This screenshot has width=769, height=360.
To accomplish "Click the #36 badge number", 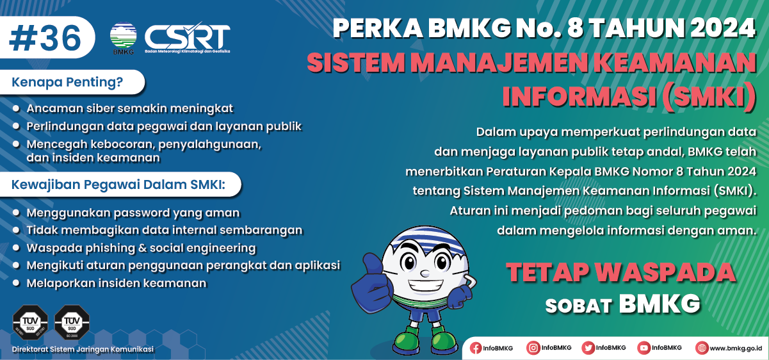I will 45,38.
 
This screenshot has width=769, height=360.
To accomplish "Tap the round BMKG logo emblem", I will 123,37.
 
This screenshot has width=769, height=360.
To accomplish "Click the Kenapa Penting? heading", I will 68,82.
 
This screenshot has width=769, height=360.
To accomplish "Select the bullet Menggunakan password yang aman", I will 133,213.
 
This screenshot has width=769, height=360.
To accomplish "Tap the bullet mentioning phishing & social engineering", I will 141,247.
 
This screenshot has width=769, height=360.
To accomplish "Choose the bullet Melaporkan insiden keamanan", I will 117,282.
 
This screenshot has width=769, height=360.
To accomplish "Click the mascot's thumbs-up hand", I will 376,276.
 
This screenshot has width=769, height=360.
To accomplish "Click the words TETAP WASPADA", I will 620,272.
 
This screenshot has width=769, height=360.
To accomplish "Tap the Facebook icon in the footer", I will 476,348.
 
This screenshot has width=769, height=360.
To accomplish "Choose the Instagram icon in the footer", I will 533,348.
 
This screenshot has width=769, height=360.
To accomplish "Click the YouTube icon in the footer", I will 644,348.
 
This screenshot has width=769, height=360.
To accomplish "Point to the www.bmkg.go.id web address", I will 735,348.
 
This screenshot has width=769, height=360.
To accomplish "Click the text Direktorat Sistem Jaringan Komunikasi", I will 83,349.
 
